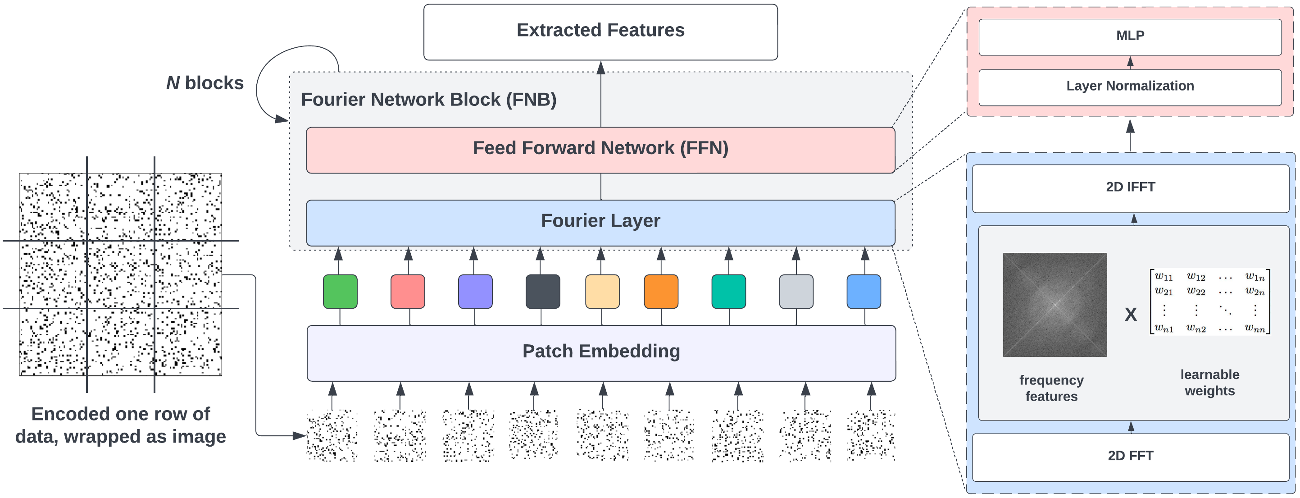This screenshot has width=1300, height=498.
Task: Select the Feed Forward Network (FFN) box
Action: [x=600, y=150]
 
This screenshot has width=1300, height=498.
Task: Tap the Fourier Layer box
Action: [x=600, y=223]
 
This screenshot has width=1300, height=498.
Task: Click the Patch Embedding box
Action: [x=600, y=352]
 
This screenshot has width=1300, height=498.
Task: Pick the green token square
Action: [x=340, y=292]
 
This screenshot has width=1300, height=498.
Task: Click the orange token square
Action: [x=661, y=292]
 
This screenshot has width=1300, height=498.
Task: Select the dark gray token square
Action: [x=542, y=292]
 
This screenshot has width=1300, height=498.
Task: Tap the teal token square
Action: [x=728, y=292]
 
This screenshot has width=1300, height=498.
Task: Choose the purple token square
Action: [x=475, y=292]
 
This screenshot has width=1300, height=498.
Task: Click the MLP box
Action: [x=1129, y=37]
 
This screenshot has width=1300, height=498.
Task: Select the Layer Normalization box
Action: [x=1129, y=87]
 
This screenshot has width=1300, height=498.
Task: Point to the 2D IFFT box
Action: [x=1129, y=188]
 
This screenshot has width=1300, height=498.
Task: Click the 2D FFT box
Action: [x=1129, y=457]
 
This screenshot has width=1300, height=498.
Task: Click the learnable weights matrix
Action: [x=1209, y=302]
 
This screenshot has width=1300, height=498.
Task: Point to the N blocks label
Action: [x=205, y=83]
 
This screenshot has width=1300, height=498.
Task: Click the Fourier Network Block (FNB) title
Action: [x=428, y=100]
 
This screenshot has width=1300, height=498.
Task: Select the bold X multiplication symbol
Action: [x=1131, y=314]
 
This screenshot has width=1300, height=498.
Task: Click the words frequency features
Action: [x=1051, y=388]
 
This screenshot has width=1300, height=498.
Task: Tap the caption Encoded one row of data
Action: [x=120, y=425]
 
